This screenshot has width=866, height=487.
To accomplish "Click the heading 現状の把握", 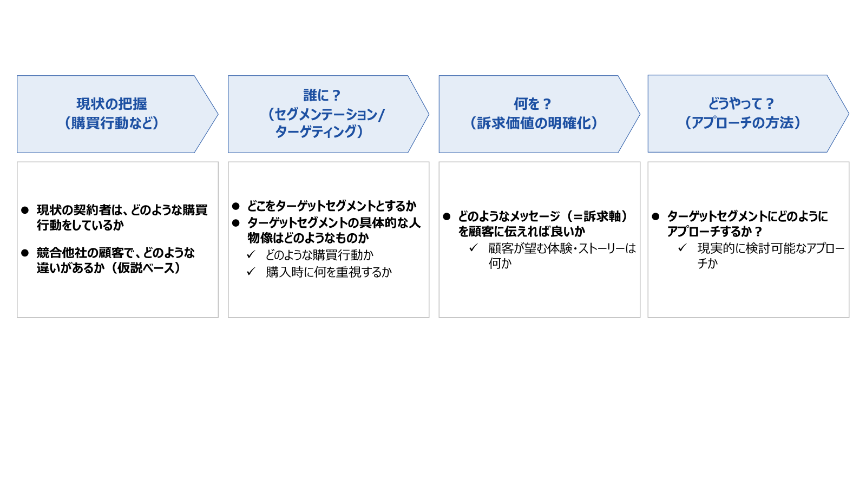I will coord(111,104).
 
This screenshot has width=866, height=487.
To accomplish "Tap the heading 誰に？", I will coord(322,95).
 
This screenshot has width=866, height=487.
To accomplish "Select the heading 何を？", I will coord(533,104).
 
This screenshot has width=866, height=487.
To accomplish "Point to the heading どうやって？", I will coord(742,103).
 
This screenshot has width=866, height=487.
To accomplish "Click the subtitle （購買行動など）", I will coord(111,123).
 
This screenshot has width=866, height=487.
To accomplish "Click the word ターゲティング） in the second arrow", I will coord(319,131).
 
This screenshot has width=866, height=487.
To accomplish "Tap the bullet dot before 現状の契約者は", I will coord(25,210).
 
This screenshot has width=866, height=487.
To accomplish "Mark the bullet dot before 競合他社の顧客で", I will coord(25,253).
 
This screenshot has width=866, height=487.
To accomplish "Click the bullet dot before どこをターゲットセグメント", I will coord(236,206).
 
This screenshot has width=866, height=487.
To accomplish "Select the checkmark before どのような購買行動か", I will coord(251,254).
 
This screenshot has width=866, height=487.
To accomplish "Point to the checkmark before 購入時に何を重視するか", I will coord(251,272).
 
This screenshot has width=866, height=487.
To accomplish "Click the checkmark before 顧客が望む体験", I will coord(474,247).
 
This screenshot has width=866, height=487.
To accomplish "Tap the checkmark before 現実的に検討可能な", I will coord(683,247).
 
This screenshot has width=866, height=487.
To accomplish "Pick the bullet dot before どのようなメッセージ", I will coord(447,216).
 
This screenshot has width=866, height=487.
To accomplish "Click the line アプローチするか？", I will coord(714,232).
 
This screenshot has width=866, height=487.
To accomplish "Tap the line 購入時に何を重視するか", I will coord(329,272).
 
